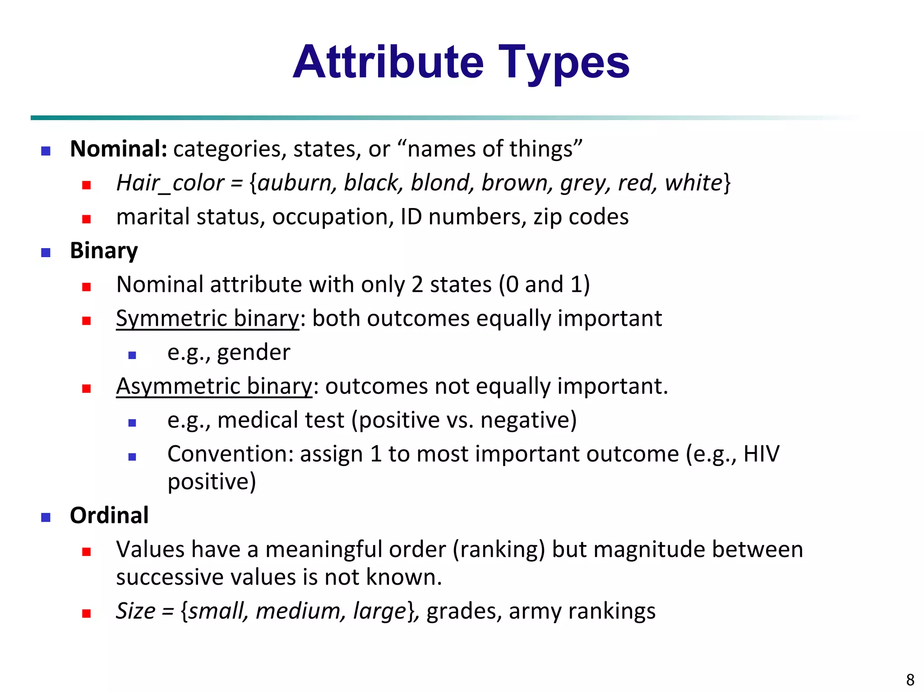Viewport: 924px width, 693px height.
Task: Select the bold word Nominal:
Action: click(x=119, y=149)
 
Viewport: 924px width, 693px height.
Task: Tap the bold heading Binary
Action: click(x=104, y=250)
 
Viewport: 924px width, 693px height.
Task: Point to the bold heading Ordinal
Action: click(x=109, y=515)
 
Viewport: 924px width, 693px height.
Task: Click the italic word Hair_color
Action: click(x=170, y=183)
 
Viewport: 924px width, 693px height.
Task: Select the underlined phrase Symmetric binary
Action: click(x=208, y=319)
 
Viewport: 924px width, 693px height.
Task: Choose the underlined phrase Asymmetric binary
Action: click(x=214, y=386)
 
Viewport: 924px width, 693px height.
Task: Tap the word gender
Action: click(x=254, y=353)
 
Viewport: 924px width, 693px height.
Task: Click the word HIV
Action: click(x=761, y=454)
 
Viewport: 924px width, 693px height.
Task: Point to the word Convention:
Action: click(x=231, y=454)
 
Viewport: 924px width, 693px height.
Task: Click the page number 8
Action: click(x=910, y=679)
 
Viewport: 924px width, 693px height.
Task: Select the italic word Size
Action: click(x=135, y=611)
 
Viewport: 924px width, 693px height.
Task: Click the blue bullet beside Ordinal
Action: click(x=46, y=517)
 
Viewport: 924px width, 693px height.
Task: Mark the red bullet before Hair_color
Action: click(x=87, y=185)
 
